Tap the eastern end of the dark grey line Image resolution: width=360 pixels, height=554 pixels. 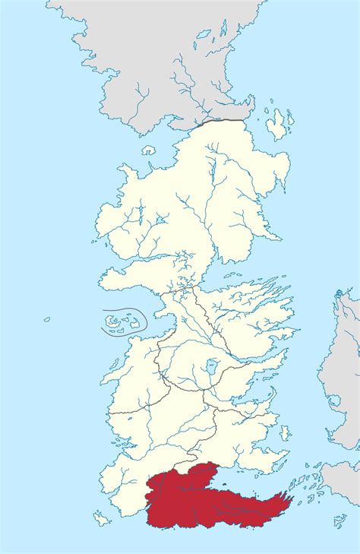[245, 120]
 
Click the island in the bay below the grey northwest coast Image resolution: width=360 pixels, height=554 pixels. [149, 150]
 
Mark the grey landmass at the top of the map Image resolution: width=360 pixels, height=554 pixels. [152, 53]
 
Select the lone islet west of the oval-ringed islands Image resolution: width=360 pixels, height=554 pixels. [46, 319]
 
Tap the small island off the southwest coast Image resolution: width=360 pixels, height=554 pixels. [101, 519]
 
